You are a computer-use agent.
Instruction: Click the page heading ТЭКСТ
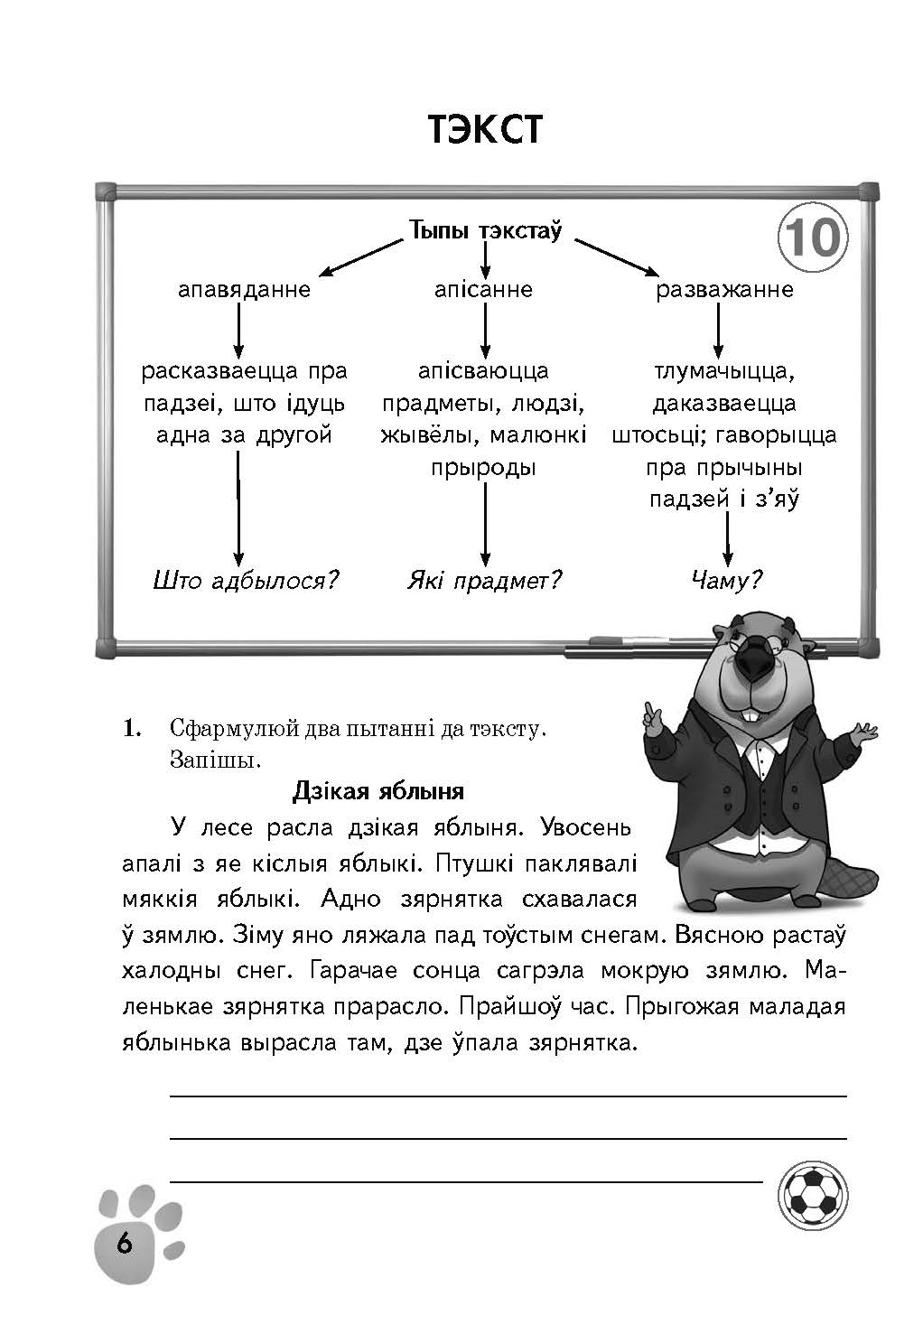coord(485,129)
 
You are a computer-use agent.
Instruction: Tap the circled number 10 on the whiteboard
coord(813,237)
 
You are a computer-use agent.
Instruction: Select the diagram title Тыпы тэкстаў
coord(485,230)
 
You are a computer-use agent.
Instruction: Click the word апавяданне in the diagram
coord(244,289)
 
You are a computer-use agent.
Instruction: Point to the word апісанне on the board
coord(483,289)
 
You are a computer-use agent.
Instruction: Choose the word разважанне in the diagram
coord(724,289)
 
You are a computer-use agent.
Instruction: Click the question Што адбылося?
coord(246,580)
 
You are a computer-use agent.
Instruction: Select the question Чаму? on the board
coord(726,580)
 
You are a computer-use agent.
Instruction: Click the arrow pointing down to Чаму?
coord(727,539)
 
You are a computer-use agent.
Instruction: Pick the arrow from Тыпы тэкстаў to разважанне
coord(617,257)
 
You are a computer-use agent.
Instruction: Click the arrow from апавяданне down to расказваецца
coord(238,331)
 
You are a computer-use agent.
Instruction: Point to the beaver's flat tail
coord(853,887)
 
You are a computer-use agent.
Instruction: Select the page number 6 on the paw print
coord(125,1244)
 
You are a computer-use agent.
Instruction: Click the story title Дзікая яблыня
coord(378,791)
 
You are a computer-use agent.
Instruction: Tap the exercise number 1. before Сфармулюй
coord(132,728)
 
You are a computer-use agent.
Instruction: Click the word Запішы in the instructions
coord(216,760)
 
